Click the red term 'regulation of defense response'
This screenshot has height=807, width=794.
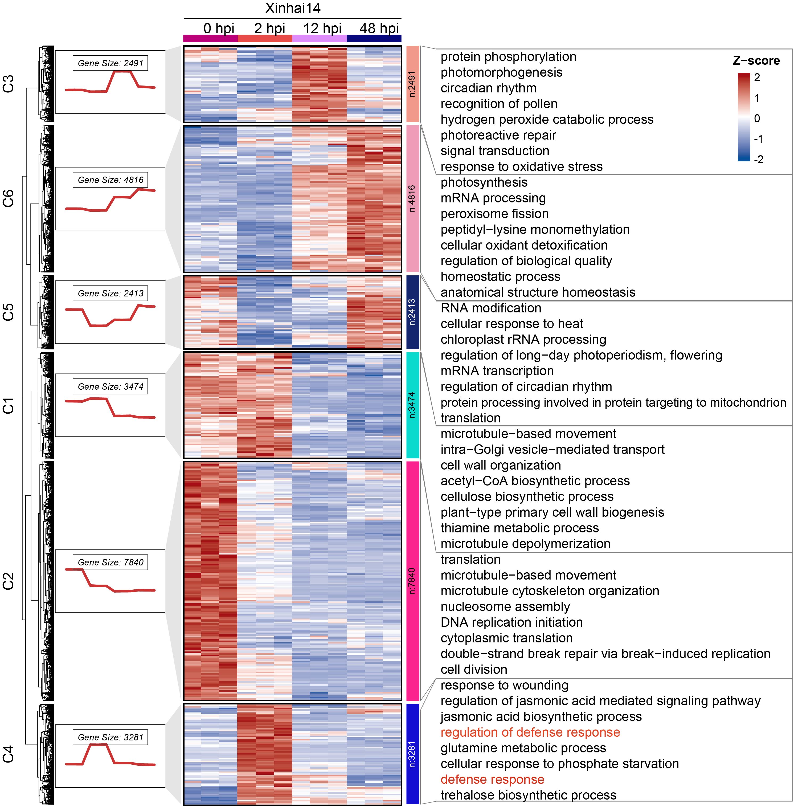[x=530, y=732]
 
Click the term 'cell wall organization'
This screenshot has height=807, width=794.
[x=500, y=465]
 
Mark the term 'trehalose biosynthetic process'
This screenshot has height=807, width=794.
[x=528, y=795]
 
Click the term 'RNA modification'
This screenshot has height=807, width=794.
[x=491, y=308]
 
